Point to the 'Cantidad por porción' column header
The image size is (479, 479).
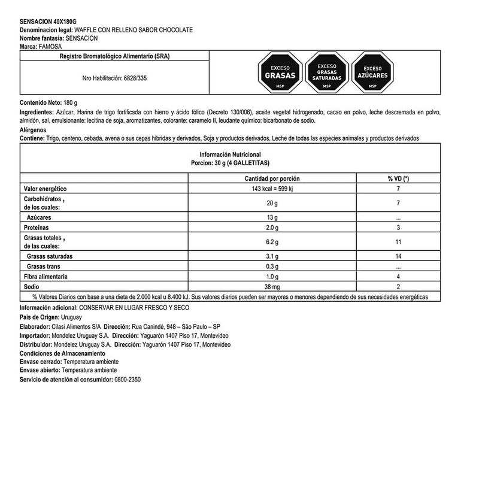pyautogui.click(x=272, y=178)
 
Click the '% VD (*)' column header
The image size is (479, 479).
pyautogui.click(x=398, y=178)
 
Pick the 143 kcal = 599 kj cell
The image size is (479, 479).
pyautogui.click(x=272, y=189)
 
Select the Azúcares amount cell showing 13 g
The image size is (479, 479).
pyautogui.click(x=272, y=218)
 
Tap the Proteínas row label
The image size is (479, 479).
pyautogui.click(x=36, y=228)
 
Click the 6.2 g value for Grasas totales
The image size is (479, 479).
pyautogui.click(x=272, y=242)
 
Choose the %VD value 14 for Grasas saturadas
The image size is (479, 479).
pyautogui.click(x=398, y=256)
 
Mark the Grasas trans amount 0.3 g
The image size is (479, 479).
pyautogui.click(x=272, y=266)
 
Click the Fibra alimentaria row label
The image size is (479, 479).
pyautogui.click(x=46, y=277)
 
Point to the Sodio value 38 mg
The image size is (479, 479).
pyautogui.click(x=272, y=287)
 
